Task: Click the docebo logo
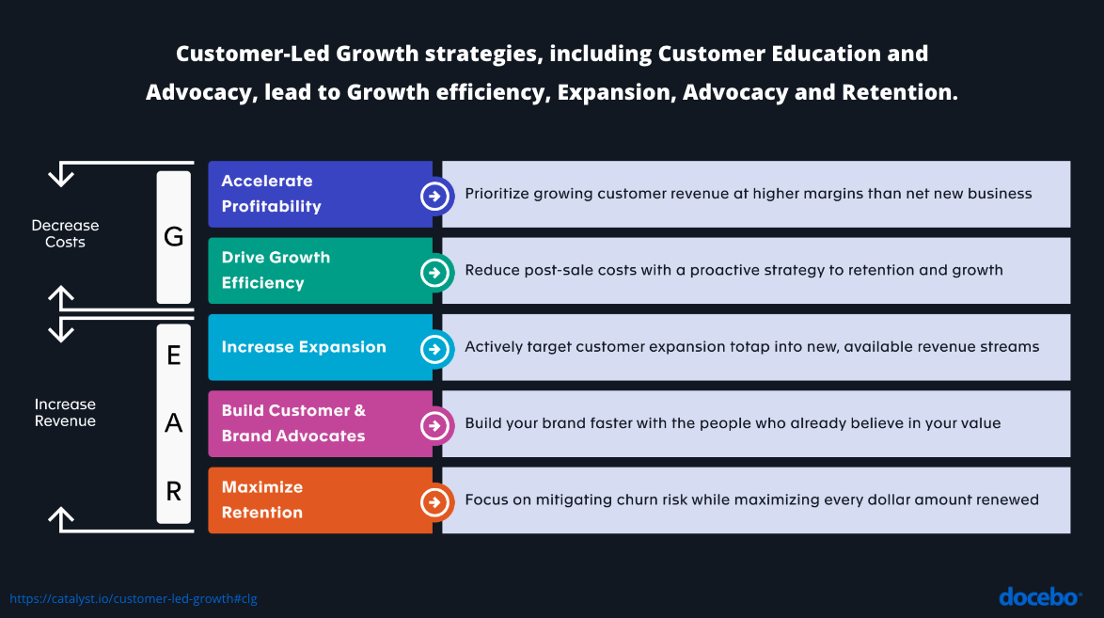[x=1040, y=597]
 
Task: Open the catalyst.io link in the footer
[x=134, y=599]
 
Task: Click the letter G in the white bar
[x=173, y=237]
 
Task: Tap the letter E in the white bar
[x=174, y=356]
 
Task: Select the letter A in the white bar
[x=173, y=422]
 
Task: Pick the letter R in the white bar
[x=174, y=491]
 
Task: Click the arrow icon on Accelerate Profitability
[x=434, y=196]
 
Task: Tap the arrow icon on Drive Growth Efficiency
[x=434, y=273]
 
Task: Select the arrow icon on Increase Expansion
[x=434, y=349]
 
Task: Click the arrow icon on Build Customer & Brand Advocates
[x=434, y=425]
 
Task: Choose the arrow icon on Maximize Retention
[x=434, y=502]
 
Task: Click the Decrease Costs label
[x=66, y=234]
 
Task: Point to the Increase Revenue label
[x=66, y=413]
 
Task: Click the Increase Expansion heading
[x=304, y=347]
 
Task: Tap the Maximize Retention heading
[x=262, y=499]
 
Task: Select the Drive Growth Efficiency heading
[x=276, y=270]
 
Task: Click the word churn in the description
[x=637, y=499]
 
